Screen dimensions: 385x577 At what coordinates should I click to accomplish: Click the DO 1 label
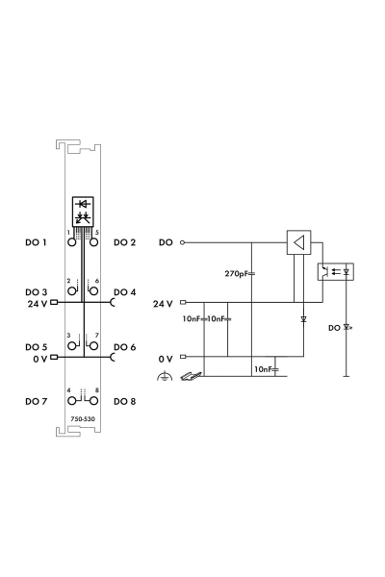click(x=36, y=242)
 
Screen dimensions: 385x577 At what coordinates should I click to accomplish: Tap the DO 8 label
click(x=124, y=401)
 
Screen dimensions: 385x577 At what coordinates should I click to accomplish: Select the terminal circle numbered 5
click(x=94, y=242)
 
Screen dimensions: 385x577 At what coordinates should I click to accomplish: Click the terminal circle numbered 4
click(x=72, y=401)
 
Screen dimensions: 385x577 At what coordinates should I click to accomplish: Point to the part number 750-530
click(x=83, y=418)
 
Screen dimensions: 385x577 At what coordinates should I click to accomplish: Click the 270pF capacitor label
click(x=237, y=274)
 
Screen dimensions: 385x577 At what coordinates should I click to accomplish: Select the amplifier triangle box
click(x=298, y=242)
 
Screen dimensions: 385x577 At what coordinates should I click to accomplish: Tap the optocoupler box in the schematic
click(x=336, y=272)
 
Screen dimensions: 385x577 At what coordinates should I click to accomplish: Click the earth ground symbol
click(x=165, y=377)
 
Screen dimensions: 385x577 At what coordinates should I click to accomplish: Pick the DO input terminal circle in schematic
click(x=182, y=242)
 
